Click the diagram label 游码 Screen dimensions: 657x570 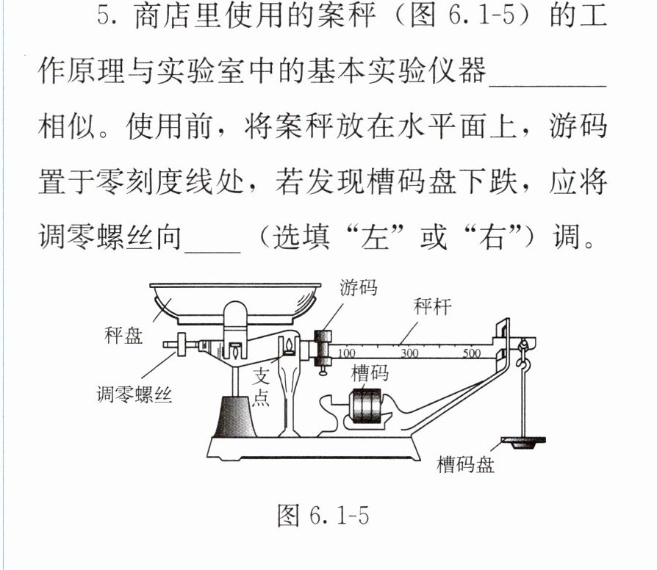tap(358, 288)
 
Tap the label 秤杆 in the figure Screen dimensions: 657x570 tap(432, 306)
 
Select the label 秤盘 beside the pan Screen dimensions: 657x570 tap(123, 335)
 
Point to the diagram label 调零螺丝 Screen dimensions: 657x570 tap(134, 394)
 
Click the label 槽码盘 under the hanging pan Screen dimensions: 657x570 tap(465, 464)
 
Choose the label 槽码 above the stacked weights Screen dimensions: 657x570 tap(370, 373)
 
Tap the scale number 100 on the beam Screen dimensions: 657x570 tap(346, 353)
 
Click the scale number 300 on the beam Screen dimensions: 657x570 tap(409, 353)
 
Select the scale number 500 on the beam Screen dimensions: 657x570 tap(471, 353)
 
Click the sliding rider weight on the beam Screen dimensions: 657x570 tap(323, 348)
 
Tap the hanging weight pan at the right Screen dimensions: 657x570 tap(524, 442)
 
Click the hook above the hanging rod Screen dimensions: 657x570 tap(523, 356)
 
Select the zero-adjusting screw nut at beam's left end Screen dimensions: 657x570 tap(182, 344)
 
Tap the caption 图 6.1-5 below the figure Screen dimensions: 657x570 tap(323, 515)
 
